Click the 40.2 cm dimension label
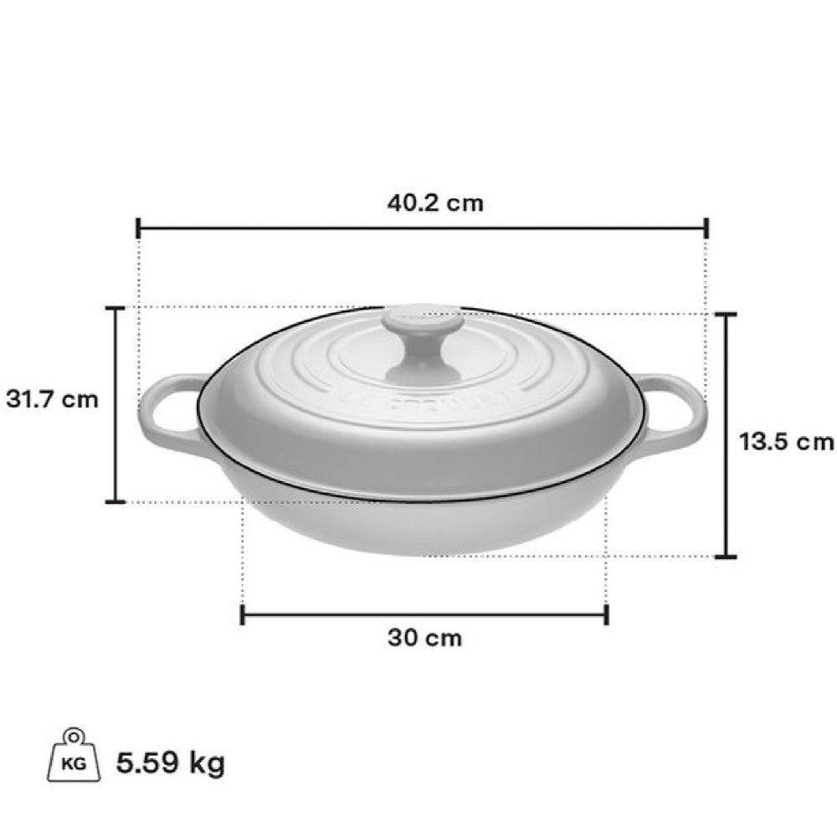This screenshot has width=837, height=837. pos(435,203)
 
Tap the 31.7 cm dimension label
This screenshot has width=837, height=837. pos(52,398)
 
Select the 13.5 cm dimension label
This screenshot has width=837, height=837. pos(786,441)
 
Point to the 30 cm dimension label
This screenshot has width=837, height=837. pos(424,638)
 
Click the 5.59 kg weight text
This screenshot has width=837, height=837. pos(170,763)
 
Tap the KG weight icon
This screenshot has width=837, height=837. pos(74,755)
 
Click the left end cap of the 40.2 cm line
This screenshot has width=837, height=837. pos(138,228)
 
